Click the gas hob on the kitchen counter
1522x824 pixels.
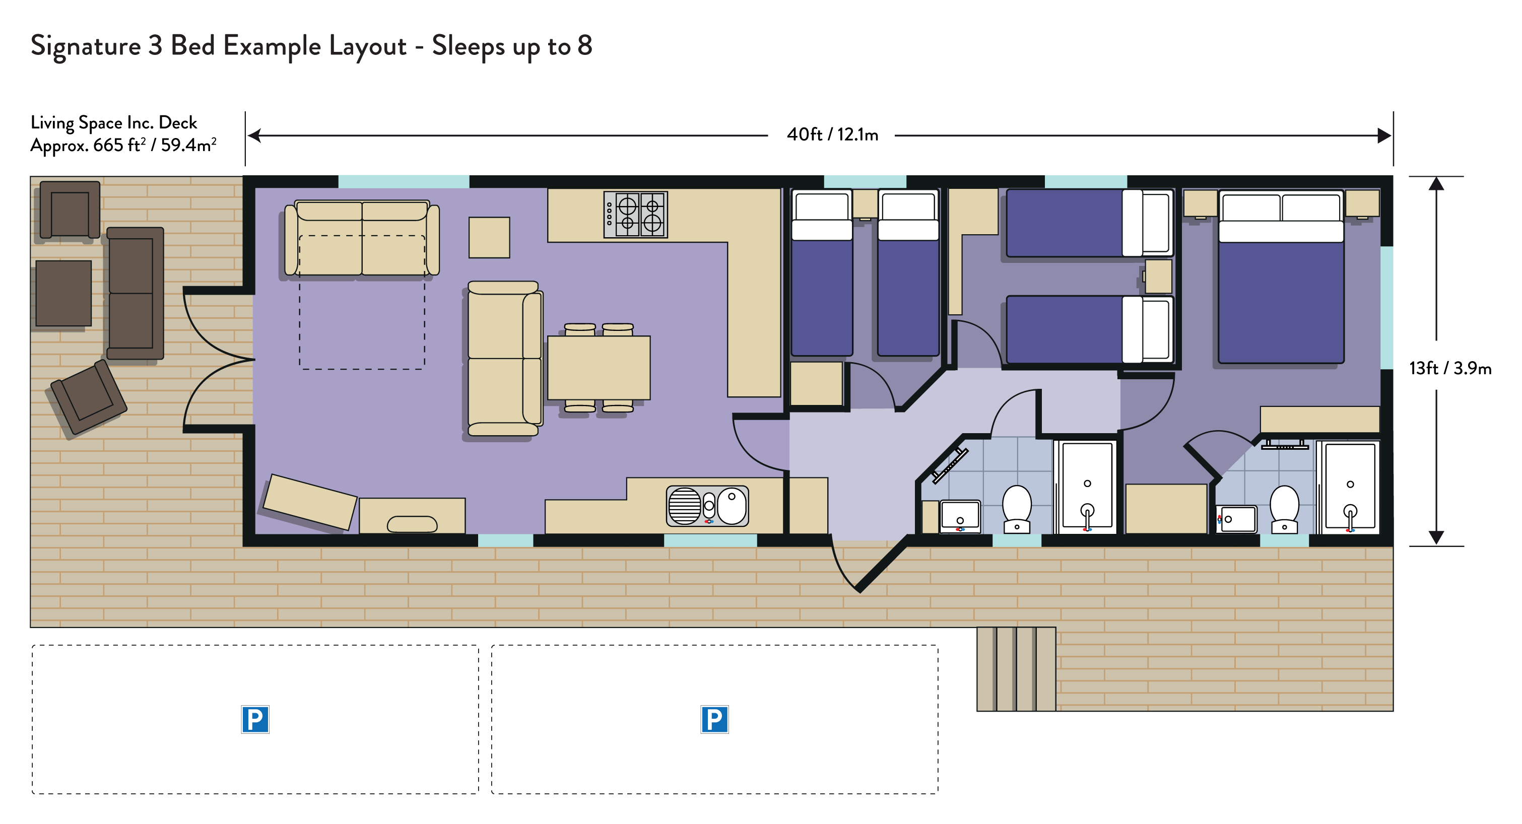coord(635,215)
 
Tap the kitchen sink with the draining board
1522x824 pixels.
coord(707,506)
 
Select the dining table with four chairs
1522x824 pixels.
coord(599,367)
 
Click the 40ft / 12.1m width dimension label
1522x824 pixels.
coord(832,135)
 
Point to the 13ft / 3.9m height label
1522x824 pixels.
coord(1450,369)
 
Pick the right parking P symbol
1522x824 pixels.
coord(714,719)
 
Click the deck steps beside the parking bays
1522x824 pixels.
coord(1016,669)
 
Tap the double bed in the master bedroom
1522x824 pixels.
coord(1281,277)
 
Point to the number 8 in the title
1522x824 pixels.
coord(585,45)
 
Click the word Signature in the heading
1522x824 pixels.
coord(86,47)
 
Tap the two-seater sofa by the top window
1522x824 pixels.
coord(362,238)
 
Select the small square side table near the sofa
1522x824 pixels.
coord(489,237)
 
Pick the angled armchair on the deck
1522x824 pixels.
coord(89,397)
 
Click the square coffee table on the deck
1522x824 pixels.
coord(64,294)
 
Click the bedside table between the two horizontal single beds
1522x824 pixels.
coord(1158,277)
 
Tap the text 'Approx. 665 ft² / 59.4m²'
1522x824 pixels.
coord(123,145)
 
